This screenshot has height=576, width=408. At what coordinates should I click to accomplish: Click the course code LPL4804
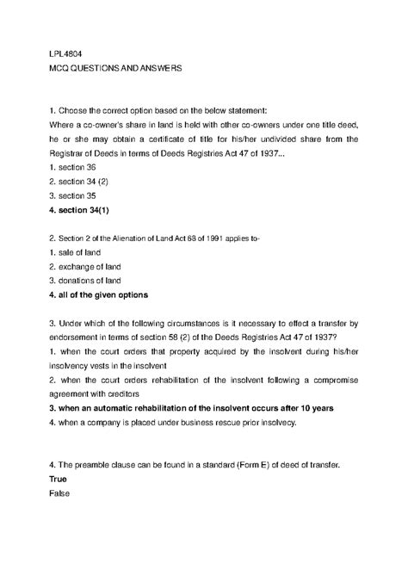(x=66, y=52)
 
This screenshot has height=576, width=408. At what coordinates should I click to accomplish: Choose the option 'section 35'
(x=73, y=197)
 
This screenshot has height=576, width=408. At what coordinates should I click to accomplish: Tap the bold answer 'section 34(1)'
(x=84, y=212)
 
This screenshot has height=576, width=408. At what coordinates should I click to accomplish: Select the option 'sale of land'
(x=76, y=251)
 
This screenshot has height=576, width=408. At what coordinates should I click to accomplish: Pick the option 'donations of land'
(x=88, y=281)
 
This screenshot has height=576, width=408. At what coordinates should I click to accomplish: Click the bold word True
(x=61, y=480)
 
